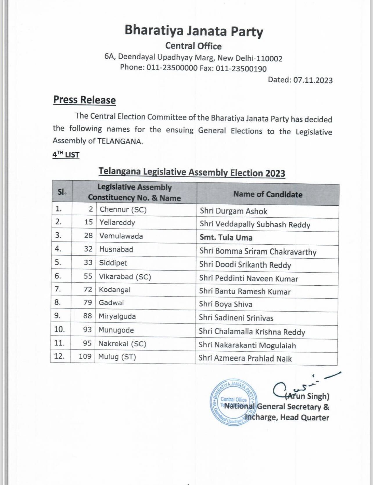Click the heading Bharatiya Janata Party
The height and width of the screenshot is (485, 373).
pyautogui.click(x=193, y=31)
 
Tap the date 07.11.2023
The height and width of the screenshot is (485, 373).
pyautogui.click(x=313, y=80)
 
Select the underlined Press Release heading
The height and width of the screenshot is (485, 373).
pyautogui.click(x=84, y=100)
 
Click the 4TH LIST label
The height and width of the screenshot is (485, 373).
pyautogui.click(x=66, y=155)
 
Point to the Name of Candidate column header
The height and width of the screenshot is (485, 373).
pyautogui.click(x=268, y=194)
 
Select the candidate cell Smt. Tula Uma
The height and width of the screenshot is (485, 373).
pyautogui.click(x=226, y=238)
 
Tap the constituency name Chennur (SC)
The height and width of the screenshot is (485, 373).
pyautogui.click(x=123, y=210)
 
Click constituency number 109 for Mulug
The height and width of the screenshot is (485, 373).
pyautogui.click(x=85, y=356)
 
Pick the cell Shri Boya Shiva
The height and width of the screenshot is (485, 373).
pyautogui.click(x=225, y=304)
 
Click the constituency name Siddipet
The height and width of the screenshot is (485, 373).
pyautogui.click(x=113, y=263)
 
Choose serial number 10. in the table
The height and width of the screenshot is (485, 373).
pyautogui.click(x=59, y=329)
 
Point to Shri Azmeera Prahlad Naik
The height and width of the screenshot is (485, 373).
pyautogui.click(x=245, y=358)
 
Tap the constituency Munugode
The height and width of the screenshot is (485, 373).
pyautogui.click(x=116, y=330)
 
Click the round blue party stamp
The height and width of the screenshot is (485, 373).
pyautogui.click(x=232, y=402)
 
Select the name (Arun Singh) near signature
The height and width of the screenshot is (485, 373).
pyautogui.click(x=307, y=396)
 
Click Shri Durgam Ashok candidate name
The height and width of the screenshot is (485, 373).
pyautogui.click(x=233, y=211)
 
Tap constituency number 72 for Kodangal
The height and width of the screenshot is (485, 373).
pyautogui.click(x=88, y=289)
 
